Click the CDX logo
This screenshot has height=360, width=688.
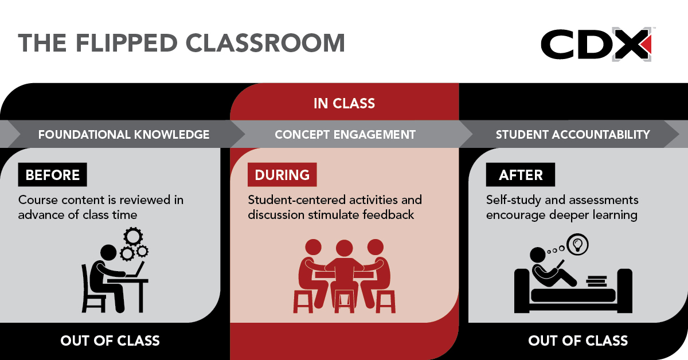click(x=596, y=45)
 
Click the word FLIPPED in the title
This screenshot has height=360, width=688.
click(x=127, y=42)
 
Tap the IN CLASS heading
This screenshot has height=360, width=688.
click(x=345, y=104)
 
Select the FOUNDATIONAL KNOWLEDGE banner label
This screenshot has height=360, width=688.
click(x=124, y=135)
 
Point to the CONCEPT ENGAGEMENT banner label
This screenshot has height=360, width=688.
click(x=345, y=135)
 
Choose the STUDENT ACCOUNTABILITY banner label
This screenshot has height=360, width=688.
click(x=573, y=135)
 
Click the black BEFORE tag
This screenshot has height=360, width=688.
click(x=53, y=174)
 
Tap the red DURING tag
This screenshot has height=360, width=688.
click(x=282, y=174)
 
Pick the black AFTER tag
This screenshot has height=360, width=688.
click(x=521, y=174)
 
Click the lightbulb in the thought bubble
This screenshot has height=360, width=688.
click(x=578, y=245)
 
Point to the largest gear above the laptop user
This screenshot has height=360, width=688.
click(x=133, y=237)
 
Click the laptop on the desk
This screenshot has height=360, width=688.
click(x=135, y=270)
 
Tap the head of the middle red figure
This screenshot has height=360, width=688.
click(x=345, y=248)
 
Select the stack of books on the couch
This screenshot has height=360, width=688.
click(x=596, y=281)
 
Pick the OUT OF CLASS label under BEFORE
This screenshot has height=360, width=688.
click(x=110, y=341)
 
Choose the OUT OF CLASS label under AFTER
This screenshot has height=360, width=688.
click(x=578, y=341)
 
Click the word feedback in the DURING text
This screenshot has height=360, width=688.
click(x=388, y=214)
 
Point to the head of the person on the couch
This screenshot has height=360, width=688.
click(x=538, y=255)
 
